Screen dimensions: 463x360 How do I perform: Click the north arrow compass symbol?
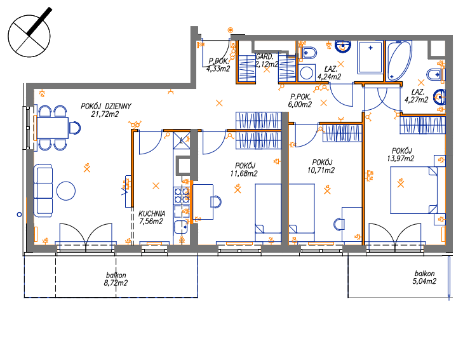point(29,36)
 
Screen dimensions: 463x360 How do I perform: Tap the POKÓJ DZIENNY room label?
point(106,106)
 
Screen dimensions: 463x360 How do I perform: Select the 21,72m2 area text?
point(105,114)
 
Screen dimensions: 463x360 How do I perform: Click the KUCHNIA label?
point(152,213)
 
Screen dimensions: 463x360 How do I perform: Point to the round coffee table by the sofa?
point(66,191)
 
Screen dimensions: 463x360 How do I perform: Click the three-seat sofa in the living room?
point(43,191)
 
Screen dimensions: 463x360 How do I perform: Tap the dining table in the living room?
point(53,128)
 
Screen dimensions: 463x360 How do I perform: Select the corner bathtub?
point(399,61)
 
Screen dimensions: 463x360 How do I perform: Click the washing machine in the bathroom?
point(307,73)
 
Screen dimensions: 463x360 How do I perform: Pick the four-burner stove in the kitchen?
point(181,196)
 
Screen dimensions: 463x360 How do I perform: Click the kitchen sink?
point(181,227)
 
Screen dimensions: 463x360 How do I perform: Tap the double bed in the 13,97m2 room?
point(413,190)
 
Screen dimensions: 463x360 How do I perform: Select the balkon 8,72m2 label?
point(116,279)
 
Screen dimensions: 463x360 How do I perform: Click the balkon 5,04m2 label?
point(424,277)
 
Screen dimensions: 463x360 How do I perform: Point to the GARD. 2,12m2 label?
point(266,60)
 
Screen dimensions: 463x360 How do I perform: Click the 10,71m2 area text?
point(321,170)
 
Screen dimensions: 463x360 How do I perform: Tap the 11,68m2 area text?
point(244,173)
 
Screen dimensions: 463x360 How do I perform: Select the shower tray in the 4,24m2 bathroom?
point(370,57)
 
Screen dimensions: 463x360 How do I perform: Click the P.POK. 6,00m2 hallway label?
point(300,100)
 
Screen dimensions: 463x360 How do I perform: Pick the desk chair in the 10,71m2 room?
point(339,224)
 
